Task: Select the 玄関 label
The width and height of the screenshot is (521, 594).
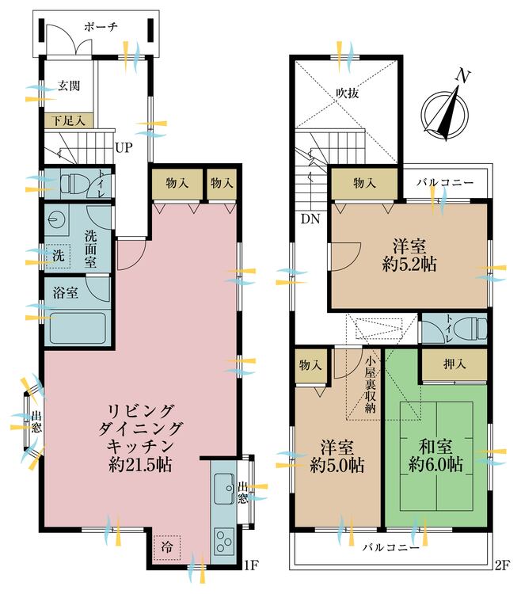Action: click(x=69, y=86)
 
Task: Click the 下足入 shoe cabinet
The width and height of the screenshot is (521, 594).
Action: click(x=69, y=121)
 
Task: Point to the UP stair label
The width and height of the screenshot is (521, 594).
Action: click(x=123, y=147)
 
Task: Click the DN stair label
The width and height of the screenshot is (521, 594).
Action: click(x=310, y=219)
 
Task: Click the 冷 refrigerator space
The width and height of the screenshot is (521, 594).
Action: click(x=166, y=547)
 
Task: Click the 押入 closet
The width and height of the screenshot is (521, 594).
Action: click(x=453, y=365)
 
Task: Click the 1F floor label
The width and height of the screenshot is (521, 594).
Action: click(x=251, y=565)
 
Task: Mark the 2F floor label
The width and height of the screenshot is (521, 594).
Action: click(x=500, y=565)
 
